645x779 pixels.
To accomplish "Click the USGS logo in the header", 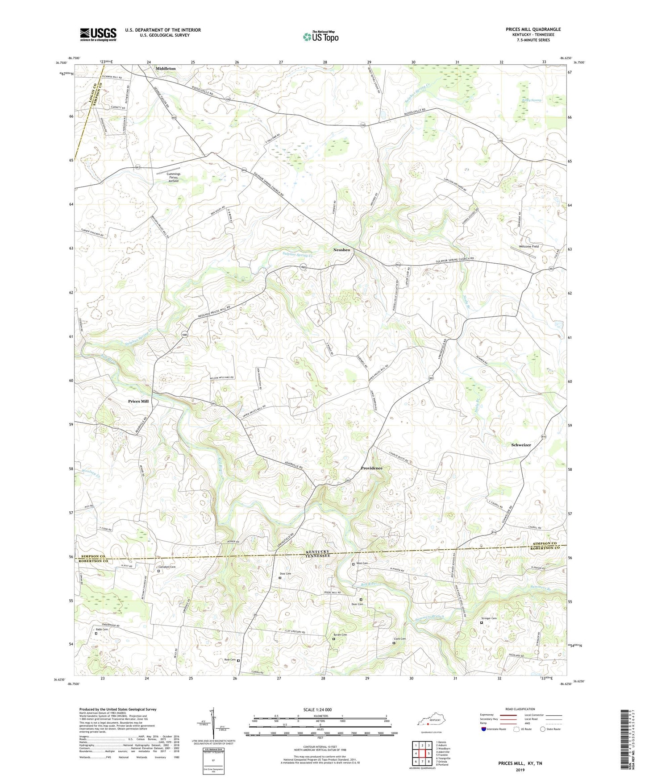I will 98,34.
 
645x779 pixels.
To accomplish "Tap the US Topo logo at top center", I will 320,37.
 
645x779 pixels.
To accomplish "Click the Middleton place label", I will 166,68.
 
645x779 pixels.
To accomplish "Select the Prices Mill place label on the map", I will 138,401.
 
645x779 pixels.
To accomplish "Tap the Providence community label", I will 371,468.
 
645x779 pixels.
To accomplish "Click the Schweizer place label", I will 521,445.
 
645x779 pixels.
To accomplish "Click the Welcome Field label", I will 526,246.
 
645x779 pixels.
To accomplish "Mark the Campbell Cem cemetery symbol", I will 158,570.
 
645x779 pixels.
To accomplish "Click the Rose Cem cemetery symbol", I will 238,660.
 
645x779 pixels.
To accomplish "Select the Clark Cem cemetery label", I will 399,639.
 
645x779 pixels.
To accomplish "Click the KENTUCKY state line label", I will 318,552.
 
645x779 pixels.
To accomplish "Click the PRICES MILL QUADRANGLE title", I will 533,29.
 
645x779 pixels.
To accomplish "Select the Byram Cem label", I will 341,635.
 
